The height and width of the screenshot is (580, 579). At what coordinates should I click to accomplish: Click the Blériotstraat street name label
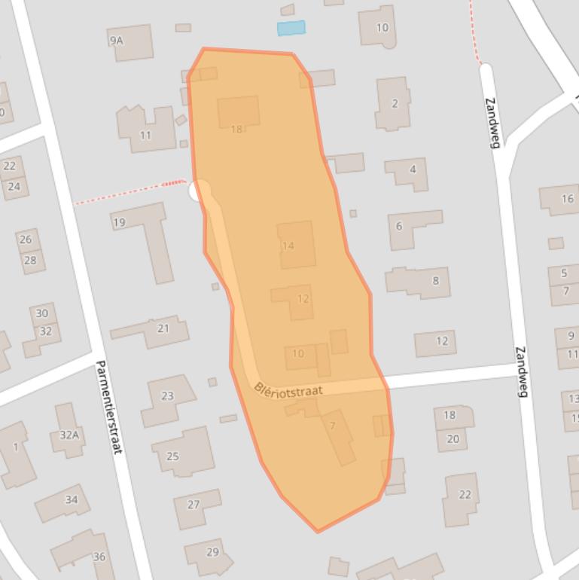coord(288,389)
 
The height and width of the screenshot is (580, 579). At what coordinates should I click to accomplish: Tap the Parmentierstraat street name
coord(108,406)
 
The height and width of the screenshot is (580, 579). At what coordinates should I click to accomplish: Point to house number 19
coord(119,222)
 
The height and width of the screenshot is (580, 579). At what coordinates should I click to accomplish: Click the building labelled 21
coord(163,328)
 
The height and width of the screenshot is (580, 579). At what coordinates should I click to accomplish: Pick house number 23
coord(167,395)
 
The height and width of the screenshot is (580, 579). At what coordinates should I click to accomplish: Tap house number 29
coord(212,552)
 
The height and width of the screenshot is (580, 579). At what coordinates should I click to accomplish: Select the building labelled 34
coord(72,499)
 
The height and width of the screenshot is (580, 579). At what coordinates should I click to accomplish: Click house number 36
coord(99,557)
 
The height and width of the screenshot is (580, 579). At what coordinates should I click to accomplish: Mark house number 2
coord(395,104)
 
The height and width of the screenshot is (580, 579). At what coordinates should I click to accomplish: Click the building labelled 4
coord(413,169)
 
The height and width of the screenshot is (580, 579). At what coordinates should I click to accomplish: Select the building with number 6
coord(399,226)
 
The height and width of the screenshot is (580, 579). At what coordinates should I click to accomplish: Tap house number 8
coord(435,281)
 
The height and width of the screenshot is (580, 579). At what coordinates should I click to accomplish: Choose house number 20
coord(453,439)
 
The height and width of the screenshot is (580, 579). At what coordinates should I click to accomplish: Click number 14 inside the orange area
coord(288,246)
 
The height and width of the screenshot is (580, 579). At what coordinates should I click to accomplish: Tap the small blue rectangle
coord(291,29)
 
